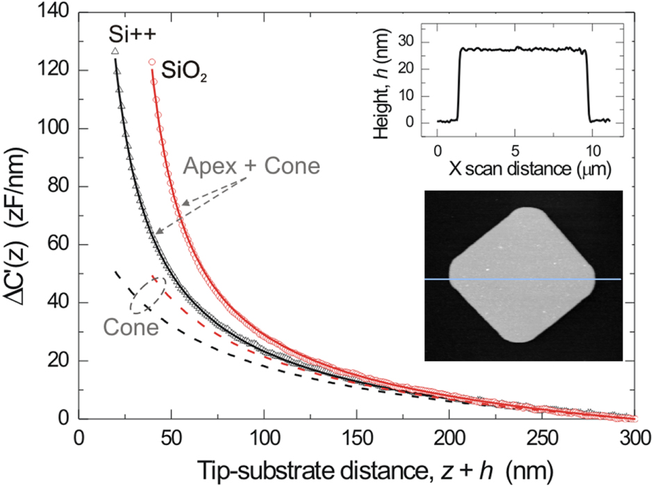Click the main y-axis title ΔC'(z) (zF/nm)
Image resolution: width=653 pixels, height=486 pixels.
(19, 215)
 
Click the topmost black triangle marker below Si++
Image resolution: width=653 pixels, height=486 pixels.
(115, 51)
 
